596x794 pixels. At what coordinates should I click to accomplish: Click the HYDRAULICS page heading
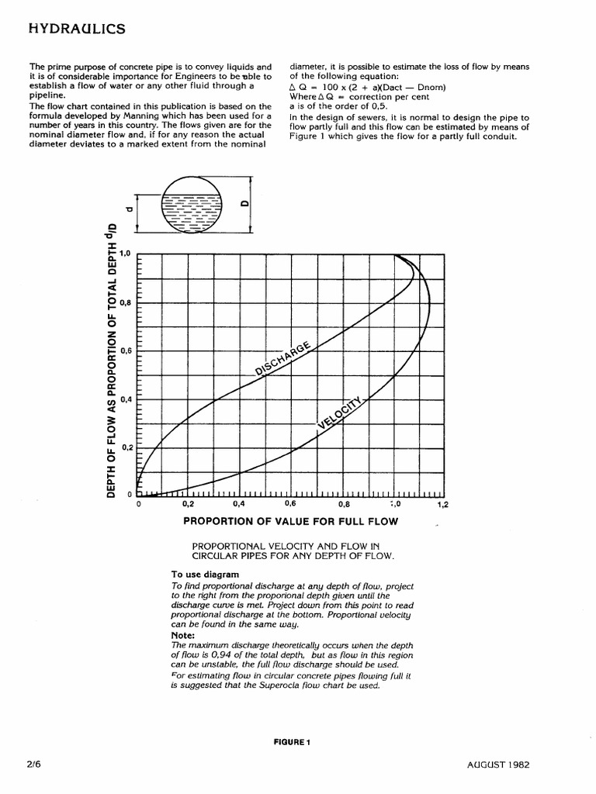coord(76,29)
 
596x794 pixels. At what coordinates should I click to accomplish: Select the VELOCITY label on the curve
coord(340,410)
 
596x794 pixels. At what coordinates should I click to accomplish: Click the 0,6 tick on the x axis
coord(290,504)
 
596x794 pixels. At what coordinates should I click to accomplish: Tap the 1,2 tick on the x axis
coord(442,505)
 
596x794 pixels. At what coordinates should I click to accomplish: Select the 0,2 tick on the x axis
coord(189,504)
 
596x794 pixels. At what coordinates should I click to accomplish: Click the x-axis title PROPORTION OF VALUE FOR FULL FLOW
coord(290,522)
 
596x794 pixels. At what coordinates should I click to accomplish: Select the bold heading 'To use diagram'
coord(205,575)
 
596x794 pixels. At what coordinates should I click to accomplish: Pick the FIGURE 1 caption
coord(292,742)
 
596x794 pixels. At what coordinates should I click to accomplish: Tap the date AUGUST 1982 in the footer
coord(499,764)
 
